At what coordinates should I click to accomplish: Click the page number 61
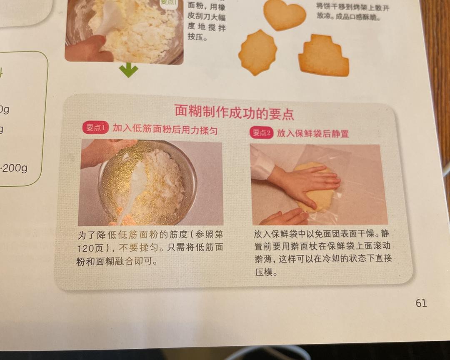(x=421, y=303)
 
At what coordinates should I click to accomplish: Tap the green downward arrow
(x=128, y=70)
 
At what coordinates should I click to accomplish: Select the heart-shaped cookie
(x=285, y=15)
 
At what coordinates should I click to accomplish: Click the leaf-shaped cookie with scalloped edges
(x=257, y=52)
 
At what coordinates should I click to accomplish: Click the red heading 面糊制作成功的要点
(x=234, y=112)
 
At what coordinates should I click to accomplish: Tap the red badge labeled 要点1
(x=95, y=127)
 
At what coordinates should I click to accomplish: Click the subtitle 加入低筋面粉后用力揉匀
(x=165, y=129)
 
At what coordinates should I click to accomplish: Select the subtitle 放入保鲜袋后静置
(x=313, y=133)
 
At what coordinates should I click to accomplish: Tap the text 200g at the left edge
(x=15, y=168)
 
